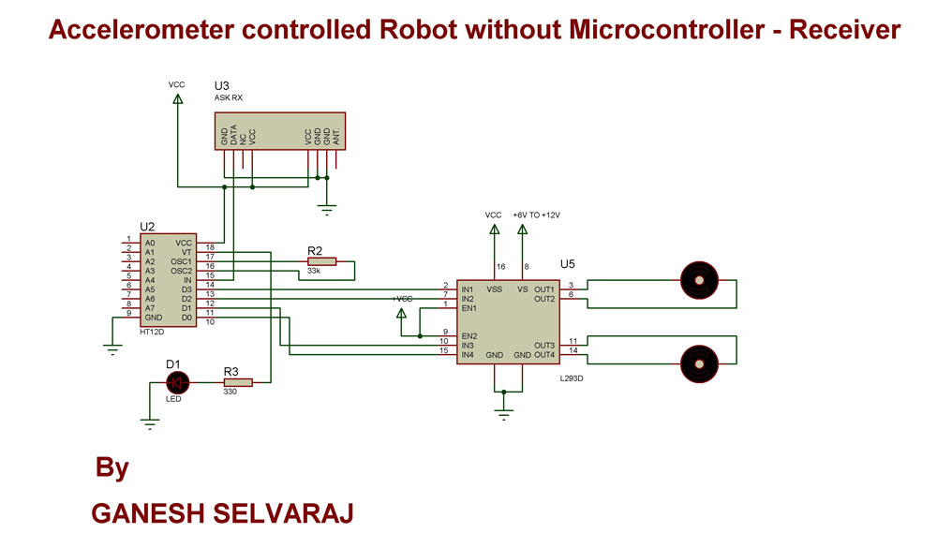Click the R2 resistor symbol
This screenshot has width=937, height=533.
coord(320,261)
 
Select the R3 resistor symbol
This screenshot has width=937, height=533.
coord(237,382)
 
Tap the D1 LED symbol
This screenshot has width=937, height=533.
coord(176,382)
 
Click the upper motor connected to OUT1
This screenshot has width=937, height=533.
coord(698,278)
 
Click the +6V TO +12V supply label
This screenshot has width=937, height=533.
coord(536,215)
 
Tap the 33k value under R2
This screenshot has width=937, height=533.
coord(314,273)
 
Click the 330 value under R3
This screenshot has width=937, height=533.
coord(230,392)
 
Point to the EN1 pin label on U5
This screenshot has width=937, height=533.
coord(468,307)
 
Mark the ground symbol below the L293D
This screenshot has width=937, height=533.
coord(504,412)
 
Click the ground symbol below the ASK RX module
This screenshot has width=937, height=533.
coord(326,210)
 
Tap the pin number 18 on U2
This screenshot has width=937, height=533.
coord(210,247)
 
